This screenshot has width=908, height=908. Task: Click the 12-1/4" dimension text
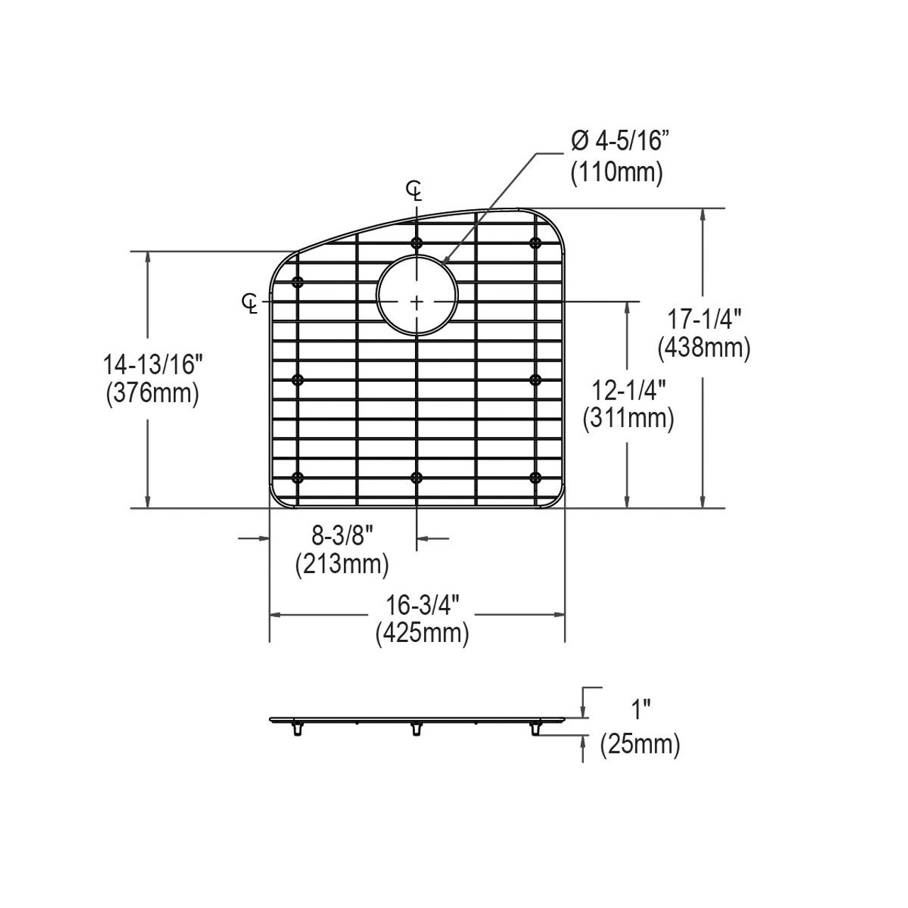coord(628,389)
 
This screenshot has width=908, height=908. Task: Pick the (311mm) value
coord(628,419)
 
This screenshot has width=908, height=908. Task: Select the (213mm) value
coord(342,565)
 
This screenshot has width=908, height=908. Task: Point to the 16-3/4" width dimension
coord(422,605)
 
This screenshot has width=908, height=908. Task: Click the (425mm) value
coord(422,633)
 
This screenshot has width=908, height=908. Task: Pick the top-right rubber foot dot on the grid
coord(536,243)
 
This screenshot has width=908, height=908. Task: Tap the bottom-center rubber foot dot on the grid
coord(416,477)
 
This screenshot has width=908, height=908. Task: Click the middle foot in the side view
coord(416,729)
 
